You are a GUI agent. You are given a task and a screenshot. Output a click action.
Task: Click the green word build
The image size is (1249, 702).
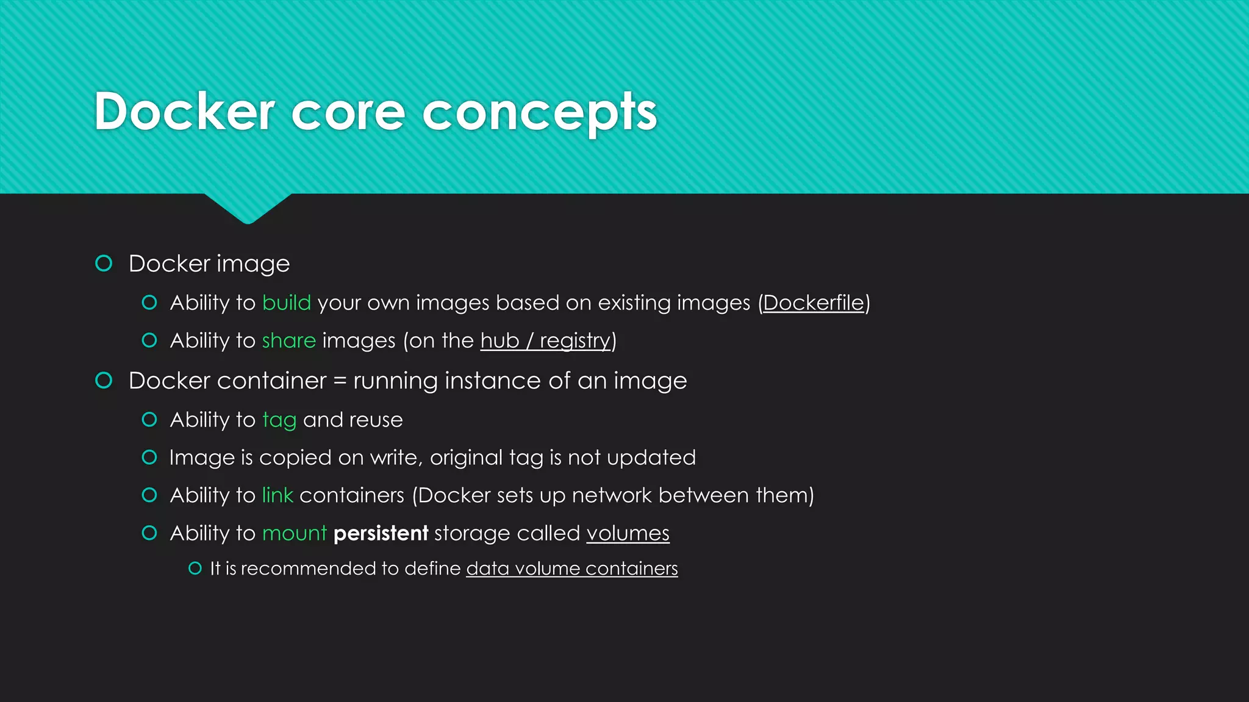coord(287,303)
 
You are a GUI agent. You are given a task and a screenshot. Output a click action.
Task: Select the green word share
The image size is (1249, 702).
coord(288,341)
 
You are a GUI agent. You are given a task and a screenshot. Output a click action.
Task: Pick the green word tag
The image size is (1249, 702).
coord(279,420)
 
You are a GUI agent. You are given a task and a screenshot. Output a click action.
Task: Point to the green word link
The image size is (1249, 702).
coord(277,495)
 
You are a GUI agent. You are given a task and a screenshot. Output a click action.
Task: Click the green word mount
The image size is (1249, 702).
coord(295,534)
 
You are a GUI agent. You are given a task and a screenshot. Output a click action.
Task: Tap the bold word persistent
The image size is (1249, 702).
coord(381,533)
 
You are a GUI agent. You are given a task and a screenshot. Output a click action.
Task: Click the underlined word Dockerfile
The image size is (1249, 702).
coord(814,303)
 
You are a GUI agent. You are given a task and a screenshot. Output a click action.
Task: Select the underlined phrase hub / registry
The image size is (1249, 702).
coord(545,341)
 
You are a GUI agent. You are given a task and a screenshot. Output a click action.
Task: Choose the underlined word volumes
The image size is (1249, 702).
coord(628,534)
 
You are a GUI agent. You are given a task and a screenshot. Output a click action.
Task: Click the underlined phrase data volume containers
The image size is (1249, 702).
coord(571,569)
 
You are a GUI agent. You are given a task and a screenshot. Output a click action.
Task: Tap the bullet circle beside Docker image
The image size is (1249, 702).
coord(104,263)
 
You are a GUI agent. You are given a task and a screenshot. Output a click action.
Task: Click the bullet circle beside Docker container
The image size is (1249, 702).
coord(104,380)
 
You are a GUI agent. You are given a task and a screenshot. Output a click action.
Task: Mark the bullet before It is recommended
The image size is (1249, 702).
coord(195,569)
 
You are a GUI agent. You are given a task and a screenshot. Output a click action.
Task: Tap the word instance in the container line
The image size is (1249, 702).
coord(493,381)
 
